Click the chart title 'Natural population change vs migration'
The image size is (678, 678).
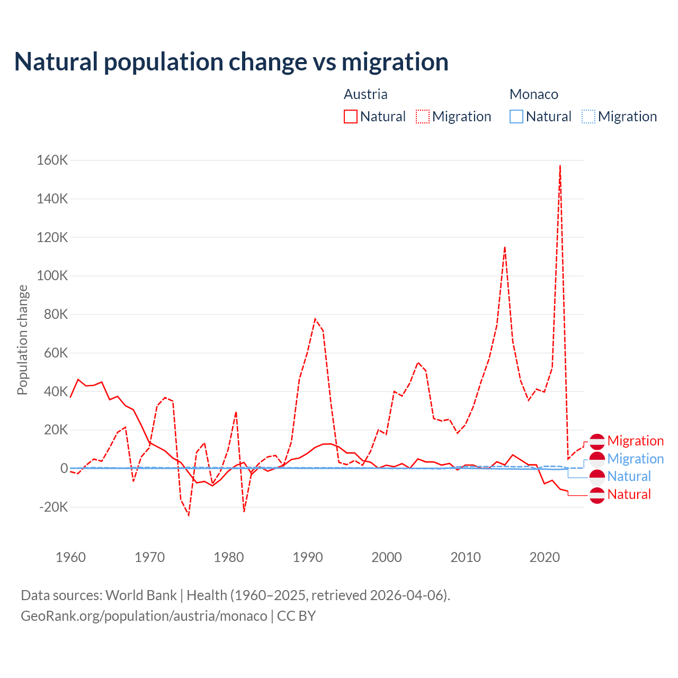[231, 62]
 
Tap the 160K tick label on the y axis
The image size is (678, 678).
[52, 160]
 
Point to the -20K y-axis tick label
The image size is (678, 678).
[54, 507]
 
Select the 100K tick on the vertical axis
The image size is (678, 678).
[52, 276]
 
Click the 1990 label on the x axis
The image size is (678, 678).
[308, 557]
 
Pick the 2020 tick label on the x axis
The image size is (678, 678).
[545, 557]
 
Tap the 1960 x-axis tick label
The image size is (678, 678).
[70, 557]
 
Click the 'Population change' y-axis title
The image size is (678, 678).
[22, 340]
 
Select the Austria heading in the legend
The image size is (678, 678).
[365, 94]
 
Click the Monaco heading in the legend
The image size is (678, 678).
[533, 94]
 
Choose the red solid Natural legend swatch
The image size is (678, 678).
[351, 117]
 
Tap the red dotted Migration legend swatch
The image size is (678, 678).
[423, 117]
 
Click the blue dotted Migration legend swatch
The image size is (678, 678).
[588, 117]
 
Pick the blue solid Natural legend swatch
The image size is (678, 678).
[516, 117]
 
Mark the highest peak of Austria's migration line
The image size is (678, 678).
[560, 166]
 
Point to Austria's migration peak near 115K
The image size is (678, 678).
[505, 247]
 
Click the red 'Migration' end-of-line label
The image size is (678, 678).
[635, 441]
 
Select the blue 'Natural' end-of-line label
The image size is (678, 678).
[629, 476]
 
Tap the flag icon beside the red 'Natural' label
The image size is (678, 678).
[597, 495]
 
